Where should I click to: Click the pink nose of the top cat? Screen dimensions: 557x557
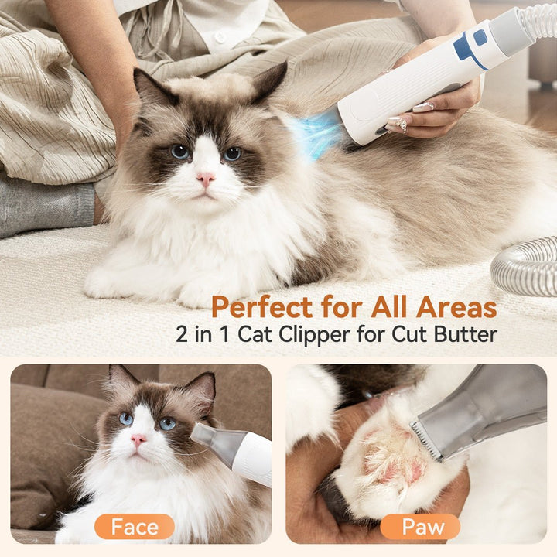[x=206, y=179]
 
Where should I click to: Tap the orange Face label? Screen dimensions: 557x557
[x=135, y=527]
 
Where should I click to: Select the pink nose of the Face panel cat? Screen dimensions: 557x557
[x=138, y=439]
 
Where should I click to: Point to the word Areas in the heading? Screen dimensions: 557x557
[x=456, y=307]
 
